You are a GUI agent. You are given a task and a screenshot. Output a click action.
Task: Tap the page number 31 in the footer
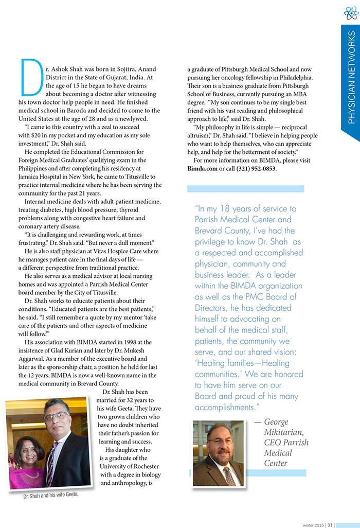(330, 524)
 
